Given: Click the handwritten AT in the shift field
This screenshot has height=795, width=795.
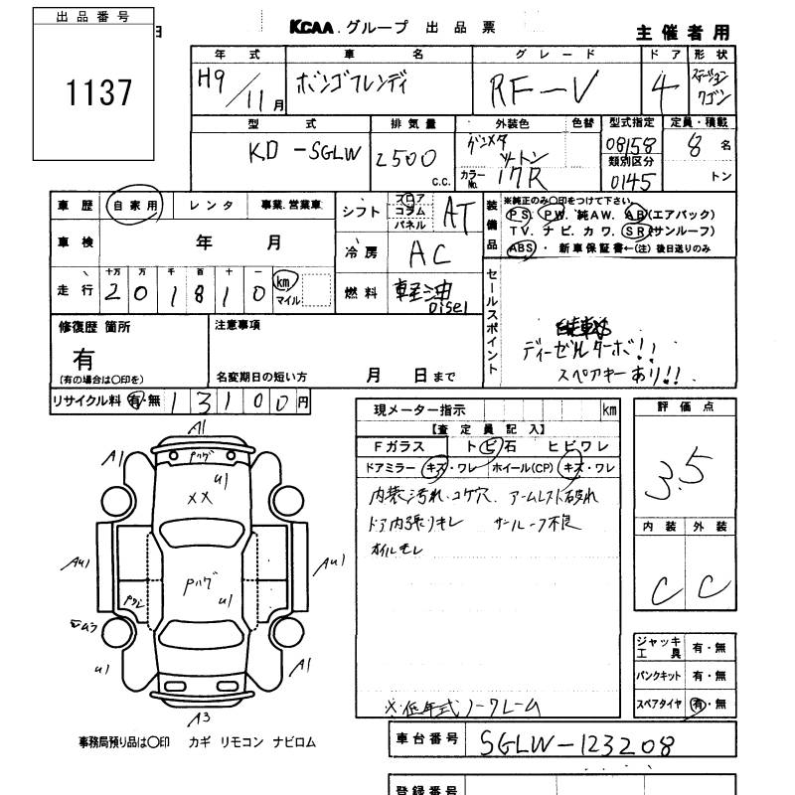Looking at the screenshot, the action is click(458, 213).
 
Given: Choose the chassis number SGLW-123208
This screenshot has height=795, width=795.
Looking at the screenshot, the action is click(576, 742).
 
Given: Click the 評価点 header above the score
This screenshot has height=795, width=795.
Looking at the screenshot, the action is click(685, 407).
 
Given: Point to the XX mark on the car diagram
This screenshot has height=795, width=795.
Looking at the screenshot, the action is click(200, 496).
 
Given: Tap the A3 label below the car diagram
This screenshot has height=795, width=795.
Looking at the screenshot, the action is click(201, 717).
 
